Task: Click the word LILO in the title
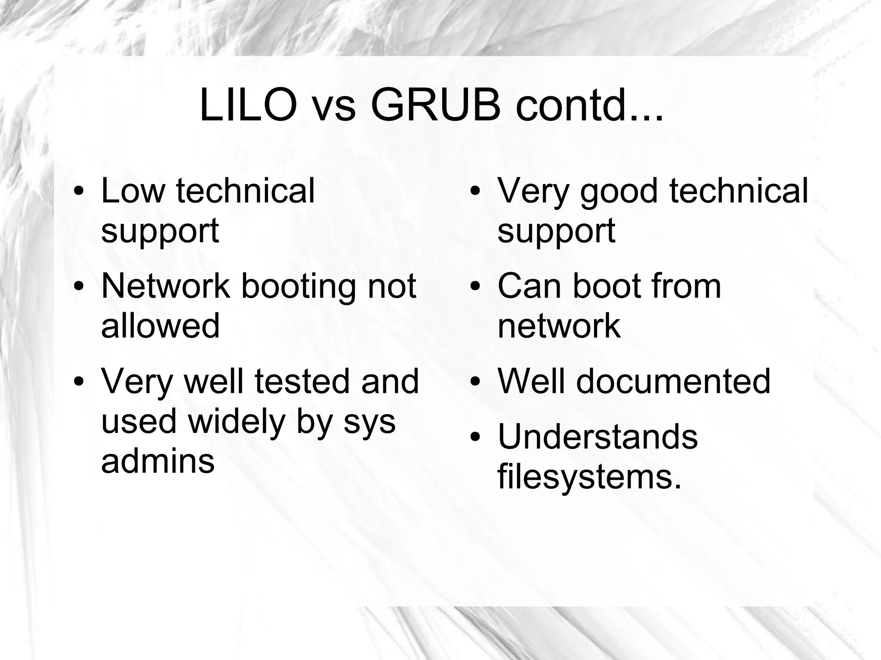click(x=248, y=105)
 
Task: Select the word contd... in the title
click(x=589, y=105)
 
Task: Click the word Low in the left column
click(x=132, y=190)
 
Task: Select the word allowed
click(x=160, y=325)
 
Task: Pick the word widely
click(x=237, y=421)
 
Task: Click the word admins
click(x=157, y=461)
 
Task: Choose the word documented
click(x=673, y=381)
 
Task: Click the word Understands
click(x=598, y=437)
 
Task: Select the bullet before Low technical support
click(x=78, y=191)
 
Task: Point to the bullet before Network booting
click(x=78, y=287)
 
